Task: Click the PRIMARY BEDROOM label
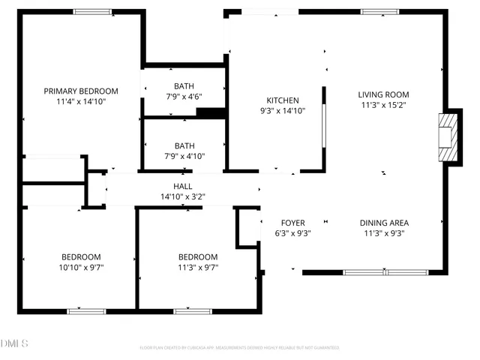(x=80, y=91)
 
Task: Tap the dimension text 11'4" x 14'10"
(x=80, y=101)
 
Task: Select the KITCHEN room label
(x=283, y=100)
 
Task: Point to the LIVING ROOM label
(x=383, y=94)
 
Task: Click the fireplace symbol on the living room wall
(x=447, y=136)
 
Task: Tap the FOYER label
(x=292, y=223)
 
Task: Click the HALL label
(x=183, y=187)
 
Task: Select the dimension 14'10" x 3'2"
(x=183, y=197)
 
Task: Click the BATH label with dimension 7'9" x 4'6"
(x=184, y=86)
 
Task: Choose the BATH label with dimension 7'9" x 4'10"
(x=184, y=146)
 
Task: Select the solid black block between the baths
(x=211, y=113)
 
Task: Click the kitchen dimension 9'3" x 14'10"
(x=283, y=111)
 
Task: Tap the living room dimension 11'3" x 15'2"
(x=383, y=105)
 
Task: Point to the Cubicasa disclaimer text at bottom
(x=239, y=348)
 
